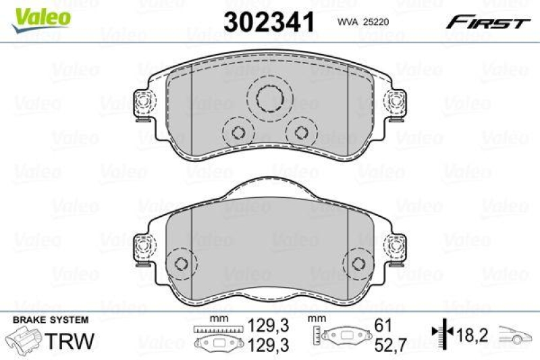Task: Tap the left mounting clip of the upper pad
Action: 143,105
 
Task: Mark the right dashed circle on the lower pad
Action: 358,263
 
